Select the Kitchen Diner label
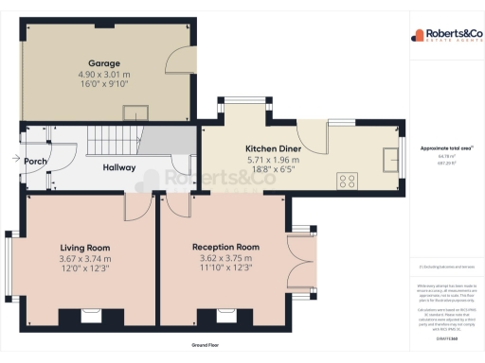pyautogui.click(x=273, y=149)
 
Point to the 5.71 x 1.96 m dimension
pyautogui.click(x=273, y=160)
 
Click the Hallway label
pyautogui.click(x=119, y=168)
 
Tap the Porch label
pyautogui.click(x=36, y=162)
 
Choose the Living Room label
pyautogui.click(x=84, y=248)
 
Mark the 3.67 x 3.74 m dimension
pyautogui.click(x=84, y=259)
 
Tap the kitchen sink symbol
pyautogui.click(x=390, y=158)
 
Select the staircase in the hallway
pyautogui.click(x=114, y=143)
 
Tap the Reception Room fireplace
pyautogui.click(x=226, y=314)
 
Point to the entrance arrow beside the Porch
pyautogui.click(x=17, y=160)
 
